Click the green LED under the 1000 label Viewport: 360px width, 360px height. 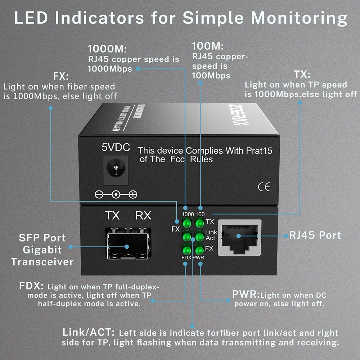(187, 221)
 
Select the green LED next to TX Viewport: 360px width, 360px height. (199, 221)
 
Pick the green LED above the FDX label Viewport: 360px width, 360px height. (187, 249)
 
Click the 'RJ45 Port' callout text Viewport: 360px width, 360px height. (315, 235)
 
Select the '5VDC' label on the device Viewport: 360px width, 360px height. (116, 147)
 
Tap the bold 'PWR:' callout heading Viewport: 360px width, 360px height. (246, 294)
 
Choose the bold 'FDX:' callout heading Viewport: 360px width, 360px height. (31, 287)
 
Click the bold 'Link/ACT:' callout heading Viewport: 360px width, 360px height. (89, 332)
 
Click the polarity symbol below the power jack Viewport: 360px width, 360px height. (116, 195)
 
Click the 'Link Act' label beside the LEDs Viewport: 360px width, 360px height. (211, 235)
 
